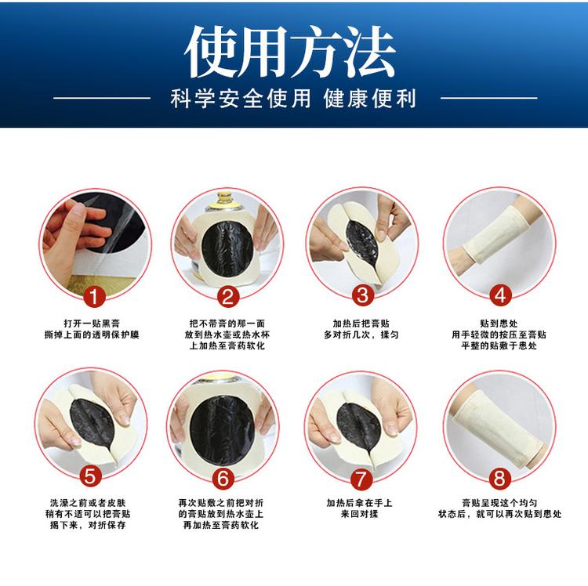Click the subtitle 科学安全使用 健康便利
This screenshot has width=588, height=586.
(293, 99)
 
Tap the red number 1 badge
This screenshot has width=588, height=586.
(93, 296)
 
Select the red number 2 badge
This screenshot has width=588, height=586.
(228, 296)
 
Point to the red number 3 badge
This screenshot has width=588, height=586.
(363, 295)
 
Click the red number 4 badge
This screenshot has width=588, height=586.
(500, 295)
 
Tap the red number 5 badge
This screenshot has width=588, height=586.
(90, 476)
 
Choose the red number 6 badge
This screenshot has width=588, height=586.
(223, 478)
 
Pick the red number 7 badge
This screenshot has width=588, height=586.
(361, 479)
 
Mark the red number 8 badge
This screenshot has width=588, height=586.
(500, 479)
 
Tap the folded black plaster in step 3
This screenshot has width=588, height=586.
(362, 242)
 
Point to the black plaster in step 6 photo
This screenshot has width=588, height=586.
(221, 429)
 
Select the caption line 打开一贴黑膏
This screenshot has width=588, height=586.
(92, 324)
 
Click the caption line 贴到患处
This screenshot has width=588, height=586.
(499, 324)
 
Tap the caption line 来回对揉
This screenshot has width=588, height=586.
(359, 514)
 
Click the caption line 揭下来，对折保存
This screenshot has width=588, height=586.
(88, 525)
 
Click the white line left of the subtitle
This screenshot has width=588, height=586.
(102, 98)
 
